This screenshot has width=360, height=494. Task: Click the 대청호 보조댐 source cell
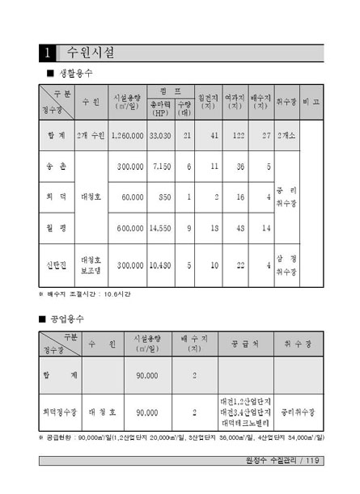click(x=90, y=264)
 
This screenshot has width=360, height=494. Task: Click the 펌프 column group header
click(x=170, y=91)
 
